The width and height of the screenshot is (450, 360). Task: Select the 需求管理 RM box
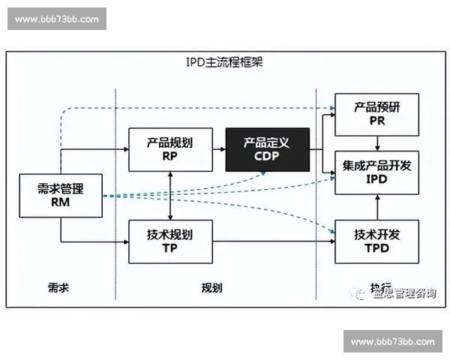pyautogui.click(x=59, y=195)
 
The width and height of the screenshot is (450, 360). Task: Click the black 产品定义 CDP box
pyautogui.click(x=267, y=149)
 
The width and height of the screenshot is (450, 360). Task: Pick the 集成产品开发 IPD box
pyautogui.click(x=376, y=172)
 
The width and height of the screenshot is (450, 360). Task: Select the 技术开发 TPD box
pyautogui.click(x=376, y=241)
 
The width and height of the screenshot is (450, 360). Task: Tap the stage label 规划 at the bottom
pyautogui.click(x=212, y=288)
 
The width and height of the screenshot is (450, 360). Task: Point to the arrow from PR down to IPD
pyautogui.click(x=376, y=143)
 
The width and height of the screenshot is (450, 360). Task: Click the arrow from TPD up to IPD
pyautogui.click(x=376, y=207)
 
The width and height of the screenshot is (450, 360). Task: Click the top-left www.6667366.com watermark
pyautogui.click(x=57, y=18)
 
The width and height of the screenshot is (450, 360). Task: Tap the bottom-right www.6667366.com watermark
pyautogui.click(x=392, y=342)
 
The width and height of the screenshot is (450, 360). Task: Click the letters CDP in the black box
pyautogui.click(x=267, y=157)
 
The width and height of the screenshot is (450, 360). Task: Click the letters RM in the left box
pyautogui.click(x=59, y=202)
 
